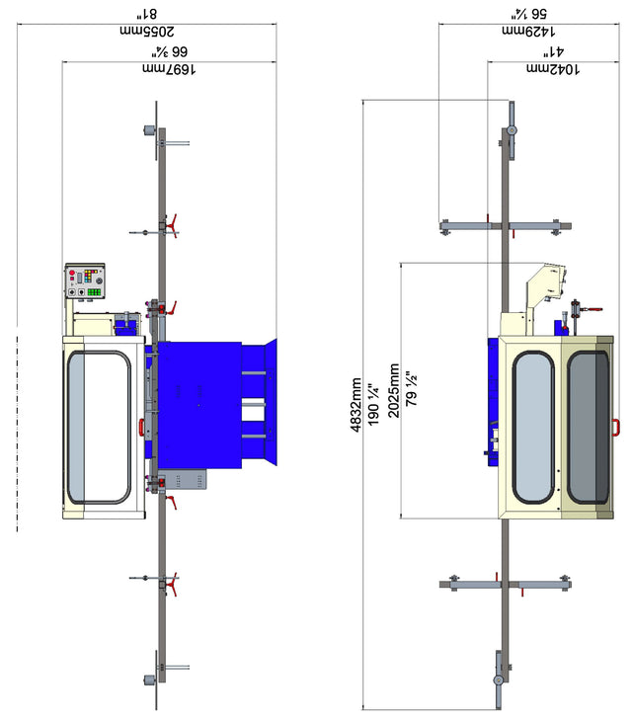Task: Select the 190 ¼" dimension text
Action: (372, 405)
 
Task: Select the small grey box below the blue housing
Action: (185, 480)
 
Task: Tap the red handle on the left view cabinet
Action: (141, 426)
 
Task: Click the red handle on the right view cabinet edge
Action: (616, 427)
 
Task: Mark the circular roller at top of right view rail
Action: (512, 131)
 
